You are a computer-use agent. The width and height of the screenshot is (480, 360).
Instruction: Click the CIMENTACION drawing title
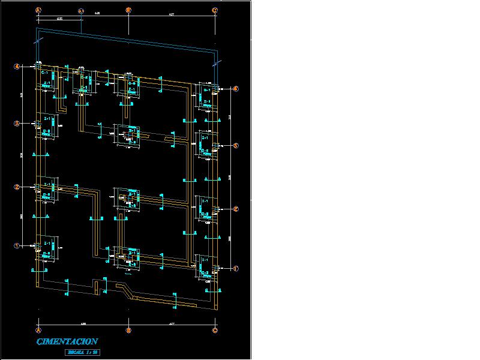[x=68, y=341]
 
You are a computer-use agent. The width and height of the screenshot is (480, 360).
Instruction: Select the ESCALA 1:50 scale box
[x=82, y=352]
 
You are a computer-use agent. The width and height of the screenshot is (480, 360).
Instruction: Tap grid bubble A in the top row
[x=38, y=10]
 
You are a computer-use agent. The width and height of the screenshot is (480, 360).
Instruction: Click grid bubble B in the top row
[x=128, y=10]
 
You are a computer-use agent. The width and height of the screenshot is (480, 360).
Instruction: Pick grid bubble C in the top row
[x=215, y=10]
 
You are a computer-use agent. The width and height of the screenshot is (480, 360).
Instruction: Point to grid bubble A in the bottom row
[x=38, y=330]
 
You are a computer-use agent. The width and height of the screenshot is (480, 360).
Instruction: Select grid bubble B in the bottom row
[x=128, y=330]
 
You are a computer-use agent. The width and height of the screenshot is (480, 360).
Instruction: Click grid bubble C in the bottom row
[x=215, y=330]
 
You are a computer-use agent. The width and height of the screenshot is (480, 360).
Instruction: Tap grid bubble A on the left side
[x=17, y=67]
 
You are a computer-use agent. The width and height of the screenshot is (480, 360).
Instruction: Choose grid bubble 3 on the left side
[x=17, y=124]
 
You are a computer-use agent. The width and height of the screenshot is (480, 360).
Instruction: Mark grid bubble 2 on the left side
[x=17, y=187]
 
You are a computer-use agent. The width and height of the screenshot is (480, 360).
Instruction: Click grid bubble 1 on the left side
[x=17, y=245]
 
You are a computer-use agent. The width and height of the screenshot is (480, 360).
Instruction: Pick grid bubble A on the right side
[x=236, y=89]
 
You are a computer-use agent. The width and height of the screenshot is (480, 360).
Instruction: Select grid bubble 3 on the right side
[x=236, y=146]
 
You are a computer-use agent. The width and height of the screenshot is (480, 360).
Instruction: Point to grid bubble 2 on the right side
[x=236, y=209]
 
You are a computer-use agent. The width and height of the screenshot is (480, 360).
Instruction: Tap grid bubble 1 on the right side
[x=236, y=268]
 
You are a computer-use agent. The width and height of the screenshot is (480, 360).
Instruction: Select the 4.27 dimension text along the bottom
[x=172, y=324]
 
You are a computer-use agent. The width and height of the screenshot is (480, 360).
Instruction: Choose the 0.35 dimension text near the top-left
[x=60, y=19]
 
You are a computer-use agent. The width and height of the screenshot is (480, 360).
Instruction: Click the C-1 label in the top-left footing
[x=45, y=73]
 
